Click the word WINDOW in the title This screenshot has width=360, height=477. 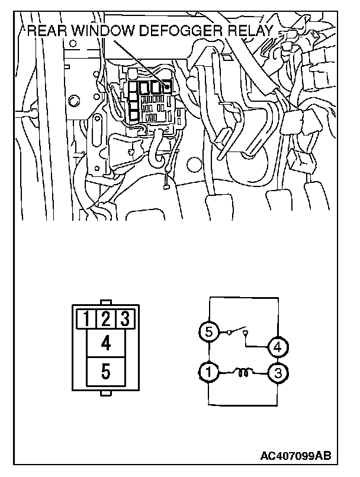pyautogui.click(x=99, y=31)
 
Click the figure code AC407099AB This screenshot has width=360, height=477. pyautogui.click(x=295, y=456)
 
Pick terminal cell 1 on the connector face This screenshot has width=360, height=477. pyautogui.click(x=87, y=319)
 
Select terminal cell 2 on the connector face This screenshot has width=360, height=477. pyautogui.click(x=105, y=319)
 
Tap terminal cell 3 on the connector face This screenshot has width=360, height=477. pyautogui.click(x=124, y=319)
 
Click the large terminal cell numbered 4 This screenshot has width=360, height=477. pyautogui.click(x=105, y=343)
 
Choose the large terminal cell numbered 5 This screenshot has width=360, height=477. pyautogui.click(x=105, y=372)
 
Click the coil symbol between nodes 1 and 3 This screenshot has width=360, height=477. pyautogui.click(x=242, y=372)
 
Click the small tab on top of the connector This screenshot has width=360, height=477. pyautogui.click(x=105, y=303)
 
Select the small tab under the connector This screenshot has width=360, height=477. pyautogui.click(x=105, y=394)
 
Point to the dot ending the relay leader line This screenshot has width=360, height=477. pyautogui.click(x=168, y=87)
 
